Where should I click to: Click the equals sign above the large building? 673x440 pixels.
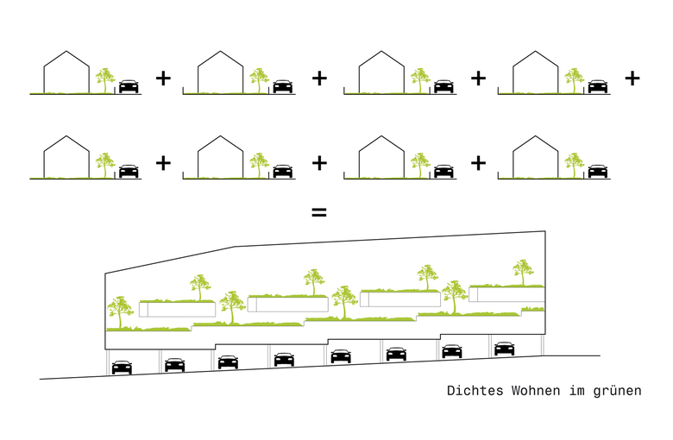click(x=318, y=211)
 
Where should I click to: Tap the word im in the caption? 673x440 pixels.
click(x=576, y=391)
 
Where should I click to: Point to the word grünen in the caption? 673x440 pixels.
click(x=619, y=391)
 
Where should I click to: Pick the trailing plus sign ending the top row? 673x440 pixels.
click(x=632, y=79)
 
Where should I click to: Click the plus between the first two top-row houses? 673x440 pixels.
click(x=163, y=79)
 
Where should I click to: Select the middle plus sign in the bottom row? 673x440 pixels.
click(x=319, y=162)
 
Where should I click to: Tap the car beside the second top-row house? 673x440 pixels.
click(x=282, y=86)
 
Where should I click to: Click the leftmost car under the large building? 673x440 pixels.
click(x=122, y=367)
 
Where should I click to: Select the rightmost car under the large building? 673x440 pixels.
click(x=505, y=349)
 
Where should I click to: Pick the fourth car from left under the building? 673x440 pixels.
click(x=284, y=358)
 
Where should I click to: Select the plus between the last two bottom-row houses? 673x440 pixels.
click(x=479, y=162)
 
